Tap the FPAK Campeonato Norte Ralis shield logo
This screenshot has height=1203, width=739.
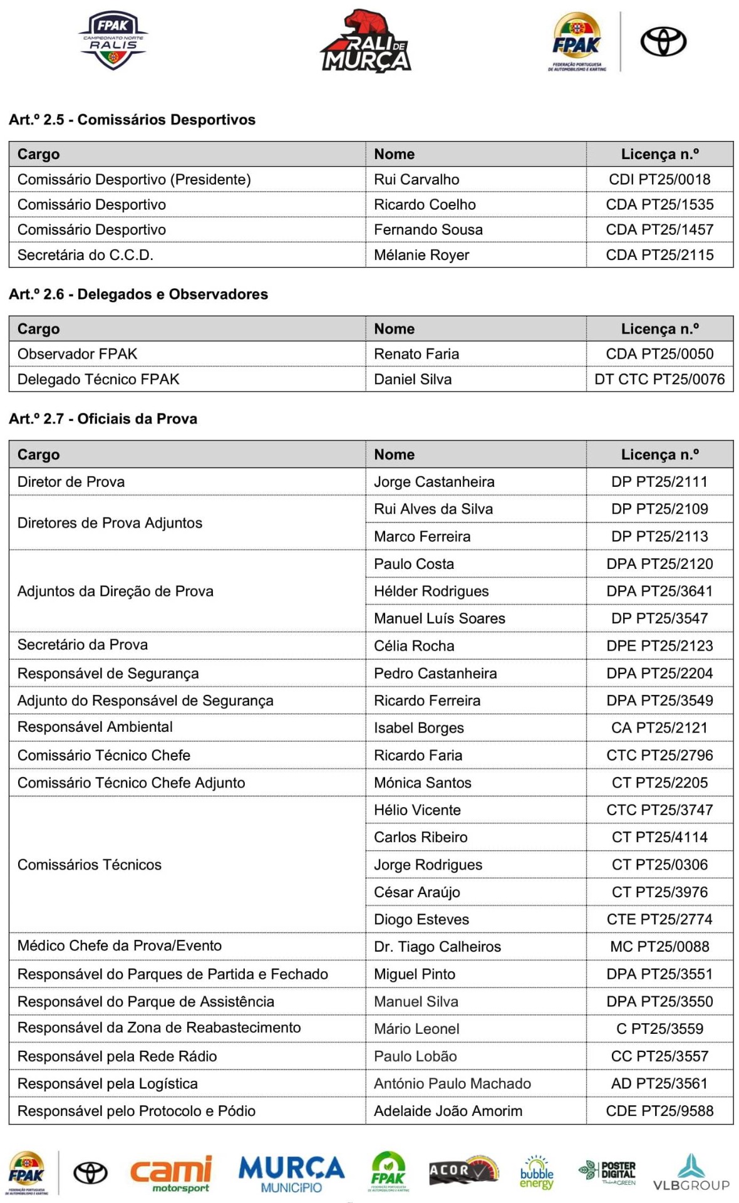[x=113, y=40]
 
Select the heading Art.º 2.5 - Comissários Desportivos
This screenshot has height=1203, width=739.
[x=132, y=120]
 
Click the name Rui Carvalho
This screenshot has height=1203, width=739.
[x=416, y=179]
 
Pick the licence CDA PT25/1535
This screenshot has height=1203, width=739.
[x=659, y=204]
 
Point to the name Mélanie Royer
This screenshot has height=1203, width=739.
[x=421, y=255]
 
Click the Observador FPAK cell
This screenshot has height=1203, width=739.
[x=78, y=354]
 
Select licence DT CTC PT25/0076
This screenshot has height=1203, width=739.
[x=659, y=379]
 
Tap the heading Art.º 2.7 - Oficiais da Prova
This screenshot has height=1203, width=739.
[x=103, y=419]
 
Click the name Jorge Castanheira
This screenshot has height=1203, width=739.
[x=434, y=482]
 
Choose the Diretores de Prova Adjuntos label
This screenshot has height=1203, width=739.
[x=110, y=523]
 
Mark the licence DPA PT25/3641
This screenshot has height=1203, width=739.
[x=659, y=591]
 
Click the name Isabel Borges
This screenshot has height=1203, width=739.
[x=419, y=728]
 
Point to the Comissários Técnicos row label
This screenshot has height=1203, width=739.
[x=90, y=865]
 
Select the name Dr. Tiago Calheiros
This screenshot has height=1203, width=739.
[x=437, y=947]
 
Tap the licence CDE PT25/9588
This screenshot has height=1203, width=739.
[x=659, y=1111]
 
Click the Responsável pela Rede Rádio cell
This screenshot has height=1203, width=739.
[x=117, y=1056]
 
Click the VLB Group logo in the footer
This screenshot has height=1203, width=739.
[x=691, y=1172]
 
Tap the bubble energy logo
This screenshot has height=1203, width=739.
[x=537, y=1172]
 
